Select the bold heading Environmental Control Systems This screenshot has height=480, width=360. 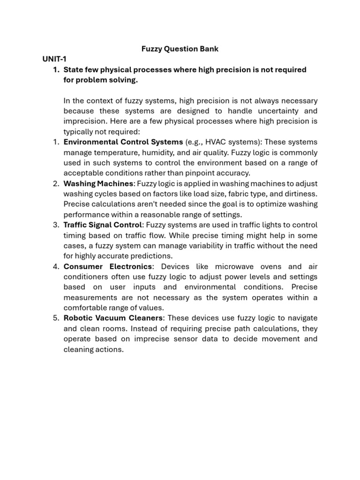point(123,142)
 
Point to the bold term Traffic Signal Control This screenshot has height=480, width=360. point(102,225)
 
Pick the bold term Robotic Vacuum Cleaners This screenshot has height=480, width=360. point(112,318)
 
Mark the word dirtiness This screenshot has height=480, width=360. point(300,194)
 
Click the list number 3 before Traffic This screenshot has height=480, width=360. point(55,225)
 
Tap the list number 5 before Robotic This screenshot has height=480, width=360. point(55,318)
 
